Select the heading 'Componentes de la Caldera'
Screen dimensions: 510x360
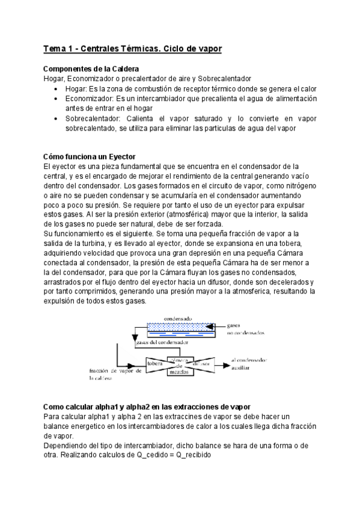pos(92,69)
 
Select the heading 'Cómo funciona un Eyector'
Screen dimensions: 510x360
pos(90,156)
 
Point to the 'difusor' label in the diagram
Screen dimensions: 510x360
pos(201,363)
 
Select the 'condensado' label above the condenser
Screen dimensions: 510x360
pos(178,319)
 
